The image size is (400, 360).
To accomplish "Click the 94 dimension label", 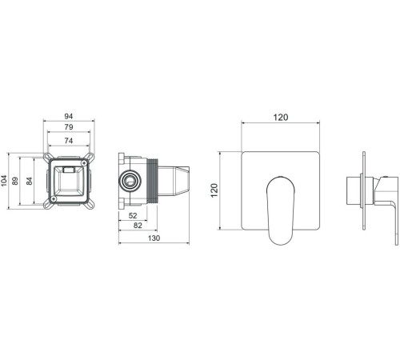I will click(x=70, y=117).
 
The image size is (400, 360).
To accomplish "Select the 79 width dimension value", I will click(x=70, y=128).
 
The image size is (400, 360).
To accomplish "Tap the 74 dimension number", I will click(x=70, y=140).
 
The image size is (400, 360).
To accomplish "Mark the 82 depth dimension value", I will click(x=138, y=227).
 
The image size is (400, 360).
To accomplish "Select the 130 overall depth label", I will click(x=154, y=239).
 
